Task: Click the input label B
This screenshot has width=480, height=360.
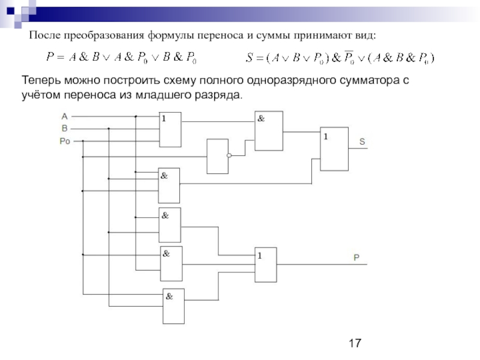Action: coord(64,128)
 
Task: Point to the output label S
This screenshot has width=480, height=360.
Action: coord(362,142)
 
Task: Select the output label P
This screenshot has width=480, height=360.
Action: coord(356,257)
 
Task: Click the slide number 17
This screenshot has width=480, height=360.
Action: coord(355,343)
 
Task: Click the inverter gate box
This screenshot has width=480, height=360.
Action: coord(217,156)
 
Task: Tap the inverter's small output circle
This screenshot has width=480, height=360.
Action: coord(230,156)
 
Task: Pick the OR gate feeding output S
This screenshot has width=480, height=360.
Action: coord(334,148)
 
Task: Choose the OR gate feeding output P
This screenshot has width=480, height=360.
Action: coord(266,265)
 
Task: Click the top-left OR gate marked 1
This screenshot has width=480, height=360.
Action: coord(170,130)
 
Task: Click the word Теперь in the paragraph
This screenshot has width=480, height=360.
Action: coord(44,80)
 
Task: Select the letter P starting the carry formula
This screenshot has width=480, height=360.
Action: coord(50,58)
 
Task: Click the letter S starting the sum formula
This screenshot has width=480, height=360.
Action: coord(250,58)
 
